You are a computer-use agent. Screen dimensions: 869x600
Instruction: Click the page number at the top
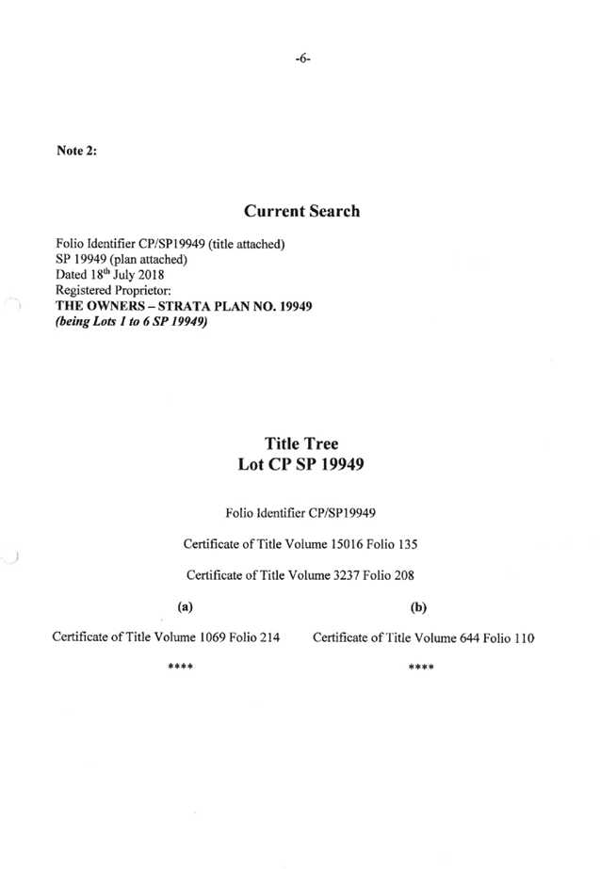[302, 58]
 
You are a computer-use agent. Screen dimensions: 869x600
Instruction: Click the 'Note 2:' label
[75, 151]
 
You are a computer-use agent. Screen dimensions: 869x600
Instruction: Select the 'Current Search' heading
[301, 211]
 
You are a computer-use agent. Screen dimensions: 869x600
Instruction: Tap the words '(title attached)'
[247, 245]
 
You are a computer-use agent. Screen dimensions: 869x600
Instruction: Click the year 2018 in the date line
[151, 275]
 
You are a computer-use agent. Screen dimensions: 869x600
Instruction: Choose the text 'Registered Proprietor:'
[112, 291]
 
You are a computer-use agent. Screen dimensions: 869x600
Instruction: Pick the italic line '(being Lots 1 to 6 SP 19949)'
[131, 322]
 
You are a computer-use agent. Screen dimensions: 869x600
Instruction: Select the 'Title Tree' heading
[301, 443]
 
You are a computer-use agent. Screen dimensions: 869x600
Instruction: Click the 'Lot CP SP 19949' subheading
[301, 464]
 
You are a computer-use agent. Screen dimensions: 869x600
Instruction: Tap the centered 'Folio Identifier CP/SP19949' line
[300, 513]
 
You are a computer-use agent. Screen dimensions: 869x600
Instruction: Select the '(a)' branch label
[185, 607]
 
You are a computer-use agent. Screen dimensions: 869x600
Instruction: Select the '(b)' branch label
[418, 607]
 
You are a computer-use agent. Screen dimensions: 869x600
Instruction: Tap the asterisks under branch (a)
[180, 668]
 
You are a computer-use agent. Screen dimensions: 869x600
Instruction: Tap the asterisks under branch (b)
[421, 668]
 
